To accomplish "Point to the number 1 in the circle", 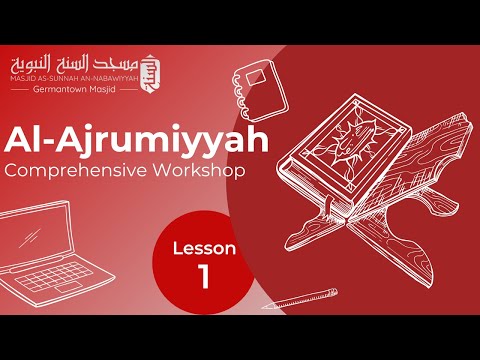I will [x=204, y=277].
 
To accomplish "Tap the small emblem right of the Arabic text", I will [x=152, y=66].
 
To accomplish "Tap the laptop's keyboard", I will [x=65, y=285].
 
